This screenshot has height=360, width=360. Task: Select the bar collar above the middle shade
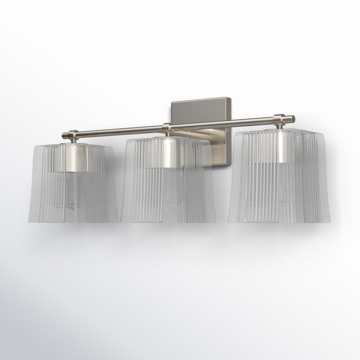click(167, 126)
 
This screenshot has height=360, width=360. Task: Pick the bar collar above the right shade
click(280, 119)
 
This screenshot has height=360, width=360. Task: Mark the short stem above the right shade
click(280, 126)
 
